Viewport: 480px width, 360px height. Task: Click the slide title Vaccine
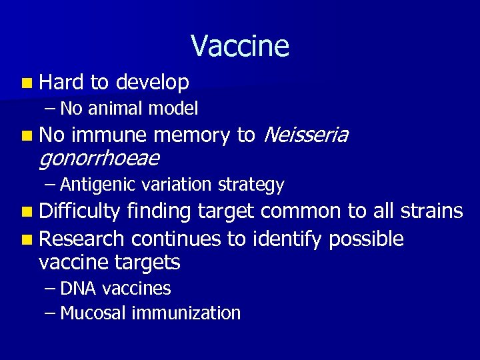pyautogui.click(x=240, y=46)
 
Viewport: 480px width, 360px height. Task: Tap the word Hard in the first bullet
pyautogui.click(x=61, y=82)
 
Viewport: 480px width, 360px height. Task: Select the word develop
pyautogui.click(x=152, y=83)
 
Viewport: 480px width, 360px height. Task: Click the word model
pyautogui.click(x=174, y=107)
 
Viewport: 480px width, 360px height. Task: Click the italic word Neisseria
pyautogui.click(x=306, y=135)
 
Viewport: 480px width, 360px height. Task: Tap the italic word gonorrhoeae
pyautogui.click(x=99, y=159)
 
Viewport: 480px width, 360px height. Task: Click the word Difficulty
pyautogui.click(x=80, y=212)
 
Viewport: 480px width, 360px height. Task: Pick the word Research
pyautogui.click(x=81, y=238)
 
